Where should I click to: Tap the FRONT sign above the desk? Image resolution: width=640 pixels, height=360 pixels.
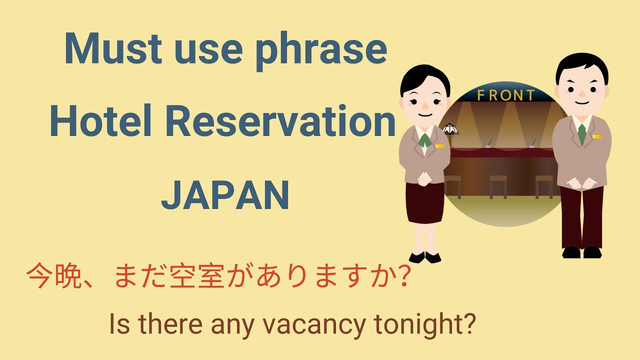click(x=505, y=95)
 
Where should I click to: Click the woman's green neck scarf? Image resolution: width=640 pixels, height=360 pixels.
click(x=424, y=139)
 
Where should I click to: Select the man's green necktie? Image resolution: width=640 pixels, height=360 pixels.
click(x=581, y=134)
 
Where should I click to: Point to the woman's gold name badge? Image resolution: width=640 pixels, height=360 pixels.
click(x=439, y=146)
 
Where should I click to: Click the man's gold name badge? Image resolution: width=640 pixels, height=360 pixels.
click(x=596, y=136)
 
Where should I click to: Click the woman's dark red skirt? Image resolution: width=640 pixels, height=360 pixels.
click(x=424, y=202)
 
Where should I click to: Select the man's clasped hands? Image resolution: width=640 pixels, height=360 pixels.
click(x=581, y=183)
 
